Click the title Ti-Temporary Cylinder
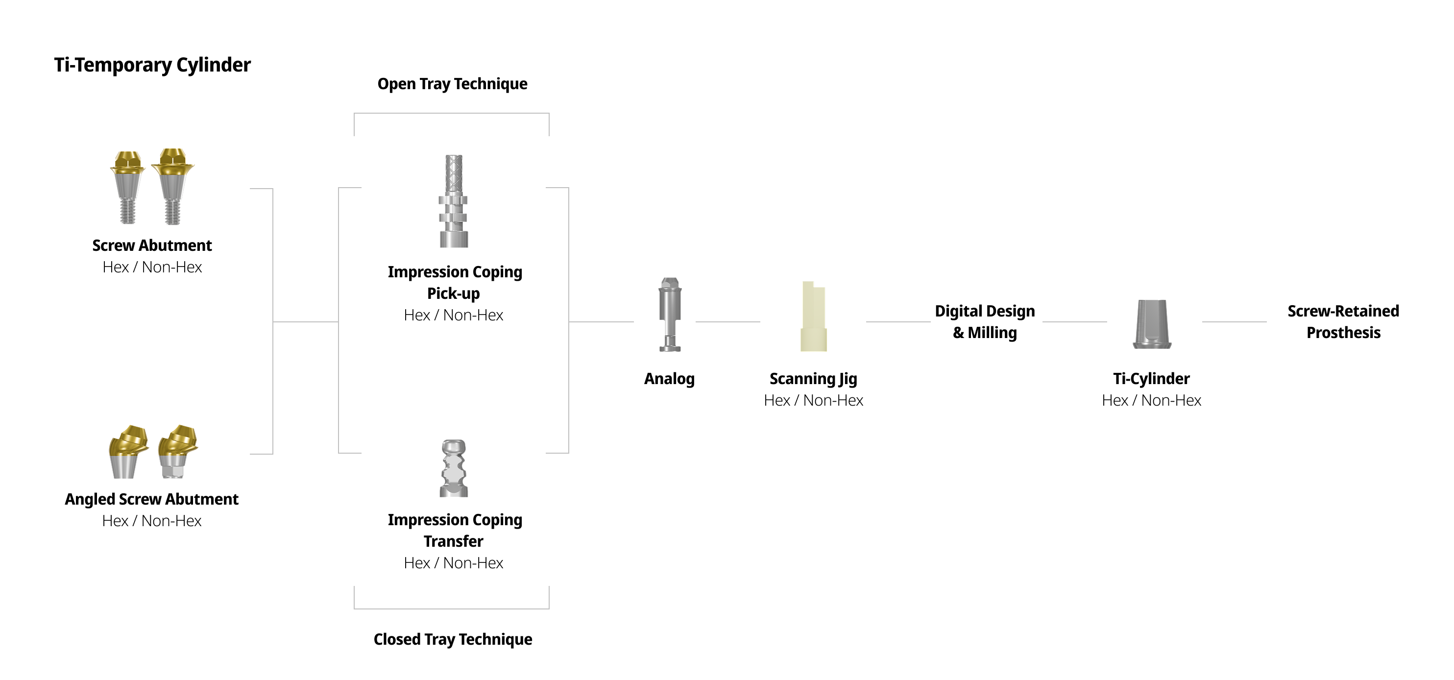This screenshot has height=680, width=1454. click(x=152, y=65)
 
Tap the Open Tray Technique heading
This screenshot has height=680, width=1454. click(x=452, y=84)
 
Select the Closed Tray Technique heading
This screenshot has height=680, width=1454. click(x=453, y=639)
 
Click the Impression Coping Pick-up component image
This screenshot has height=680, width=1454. click(x=454, y=201)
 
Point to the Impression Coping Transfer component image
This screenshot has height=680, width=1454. click(x=454, y=468)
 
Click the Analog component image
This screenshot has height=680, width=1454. click(x=670, y=315)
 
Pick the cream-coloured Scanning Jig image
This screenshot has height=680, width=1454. click(x=813, y=317)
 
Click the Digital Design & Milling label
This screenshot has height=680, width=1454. click(x=985, y=322)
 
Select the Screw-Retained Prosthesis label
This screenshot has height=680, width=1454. click(x=1343, y=322)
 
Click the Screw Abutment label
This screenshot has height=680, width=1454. click(x=152, y=245)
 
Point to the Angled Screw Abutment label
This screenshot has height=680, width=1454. click(x=151, y=499)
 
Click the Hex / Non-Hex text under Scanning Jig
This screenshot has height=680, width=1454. click(x=813, y=401)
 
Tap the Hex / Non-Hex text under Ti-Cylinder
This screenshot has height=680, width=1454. click(x=1151, y=401)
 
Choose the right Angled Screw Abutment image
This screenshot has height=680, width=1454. click(x=178, y=451)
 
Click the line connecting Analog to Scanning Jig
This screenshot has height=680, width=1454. click(x=727, y=322)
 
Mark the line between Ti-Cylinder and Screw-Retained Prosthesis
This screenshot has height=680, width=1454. click(x=1234, y=322)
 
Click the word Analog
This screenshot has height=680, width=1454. click(x=669, y=379)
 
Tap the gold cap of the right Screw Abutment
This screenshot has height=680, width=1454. click(x=173, y=163)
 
